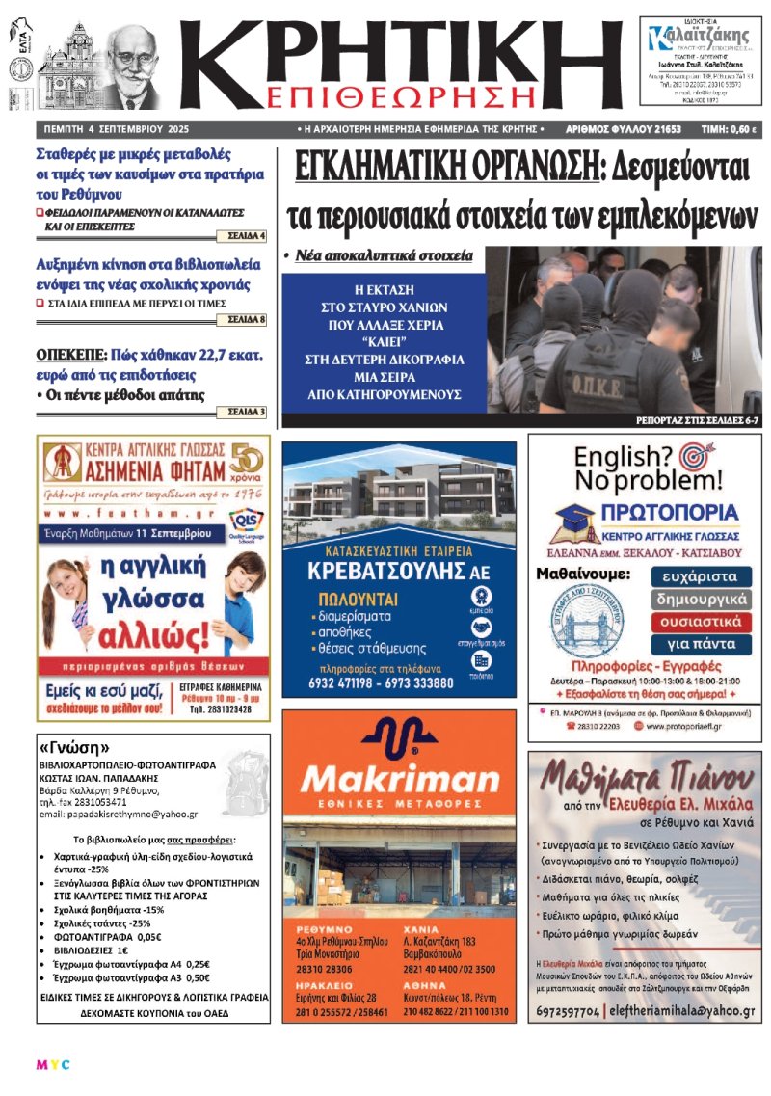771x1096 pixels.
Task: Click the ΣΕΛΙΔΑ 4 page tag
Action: [247, 235]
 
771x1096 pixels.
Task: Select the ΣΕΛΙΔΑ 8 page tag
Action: [247, 318]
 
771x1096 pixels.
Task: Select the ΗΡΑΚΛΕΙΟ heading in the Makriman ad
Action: [318, 985]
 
